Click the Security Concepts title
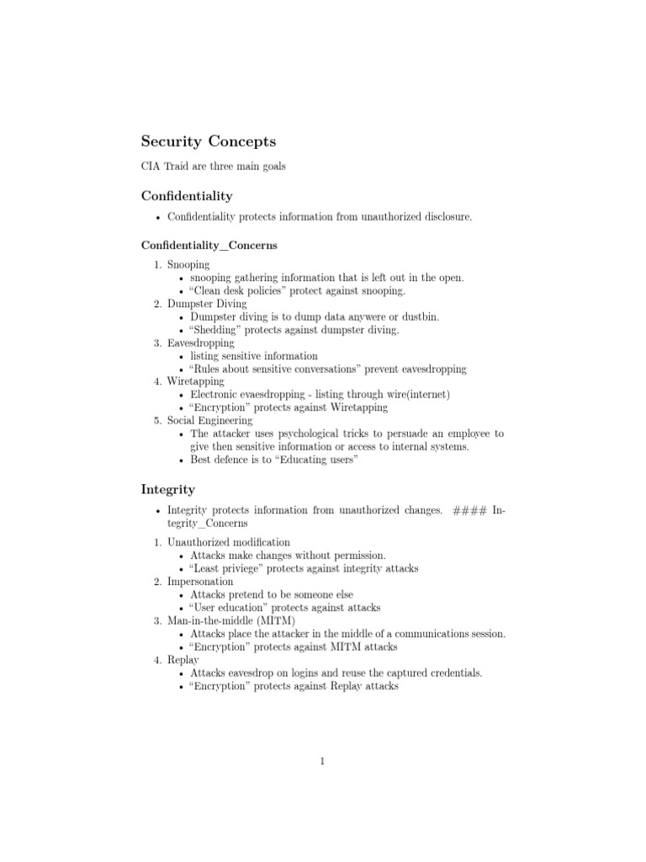coord(208,141)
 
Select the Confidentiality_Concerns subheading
coord(209,246)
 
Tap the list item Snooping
coord(188,265)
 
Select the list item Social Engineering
coord(209,421)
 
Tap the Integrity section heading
coord(167,489)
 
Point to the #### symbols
coord(469,510)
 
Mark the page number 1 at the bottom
coord(322,762)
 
